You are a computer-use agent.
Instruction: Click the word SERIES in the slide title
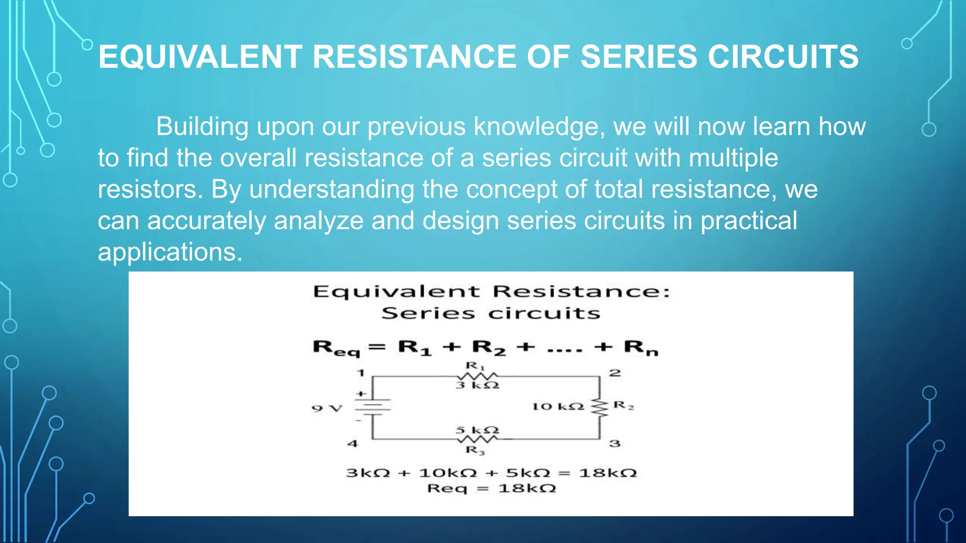(x=638, y=57)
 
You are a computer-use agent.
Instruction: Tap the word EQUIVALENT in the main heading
(x=200, y=57)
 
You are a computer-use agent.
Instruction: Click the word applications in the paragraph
(x=170, y=252)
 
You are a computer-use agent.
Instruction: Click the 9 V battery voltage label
(x=327, y=408)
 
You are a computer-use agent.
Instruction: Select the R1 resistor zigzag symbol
(x=476, y=376)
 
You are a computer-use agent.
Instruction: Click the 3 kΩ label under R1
(x=477, y=386)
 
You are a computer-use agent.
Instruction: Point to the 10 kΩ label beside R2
(x=558, y=406)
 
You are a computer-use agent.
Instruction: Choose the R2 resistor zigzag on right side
(x=600, y=407)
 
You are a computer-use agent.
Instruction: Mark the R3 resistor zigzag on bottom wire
(x=476, y=439)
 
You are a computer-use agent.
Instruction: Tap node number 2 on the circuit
(x=615, y=373)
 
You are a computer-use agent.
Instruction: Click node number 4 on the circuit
(x=352, y=444)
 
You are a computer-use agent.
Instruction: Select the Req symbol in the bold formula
(x=336, y=348)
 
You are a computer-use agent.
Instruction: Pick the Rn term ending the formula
(x=641, y=348)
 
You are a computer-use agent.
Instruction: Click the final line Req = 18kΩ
(x=491, y=488)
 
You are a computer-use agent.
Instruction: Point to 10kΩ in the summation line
(x=448, y=473)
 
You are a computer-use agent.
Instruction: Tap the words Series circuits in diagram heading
(x=491, y=313)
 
